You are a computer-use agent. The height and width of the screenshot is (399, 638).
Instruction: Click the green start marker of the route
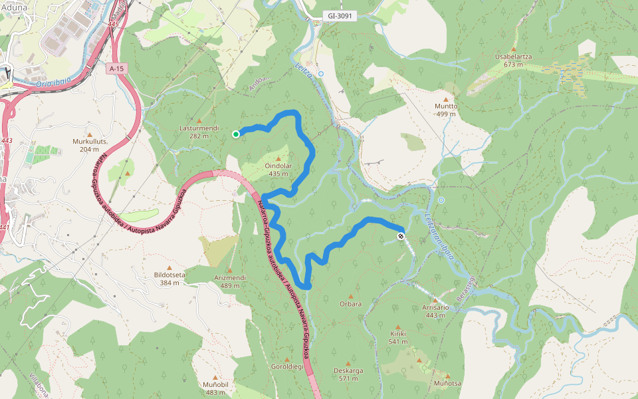(236, 134)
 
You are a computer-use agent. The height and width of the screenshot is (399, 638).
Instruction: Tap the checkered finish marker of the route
(401, 236)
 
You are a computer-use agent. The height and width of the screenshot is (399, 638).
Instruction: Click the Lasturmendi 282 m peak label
(199, 131)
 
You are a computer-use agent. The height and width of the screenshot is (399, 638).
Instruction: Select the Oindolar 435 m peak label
(278, 170)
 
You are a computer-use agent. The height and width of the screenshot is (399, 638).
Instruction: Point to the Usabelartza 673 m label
(513, 61)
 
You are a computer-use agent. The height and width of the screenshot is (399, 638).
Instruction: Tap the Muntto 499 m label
(446, 110)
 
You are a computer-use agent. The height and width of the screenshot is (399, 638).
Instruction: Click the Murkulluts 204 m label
(89, 145)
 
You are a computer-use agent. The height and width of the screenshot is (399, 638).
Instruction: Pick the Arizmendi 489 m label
(231, 281)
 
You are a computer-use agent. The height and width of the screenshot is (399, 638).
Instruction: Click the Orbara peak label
(350, 304)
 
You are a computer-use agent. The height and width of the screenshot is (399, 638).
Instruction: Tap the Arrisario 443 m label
(435, 311)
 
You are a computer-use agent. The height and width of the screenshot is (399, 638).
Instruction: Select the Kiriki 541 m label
(398, 338)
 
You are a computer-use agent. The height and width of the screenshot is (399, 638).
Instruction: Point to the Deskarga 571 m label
(348, 374)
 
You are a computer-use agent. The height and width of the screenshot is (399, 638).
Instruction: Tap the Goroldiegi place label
(287, 366)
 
